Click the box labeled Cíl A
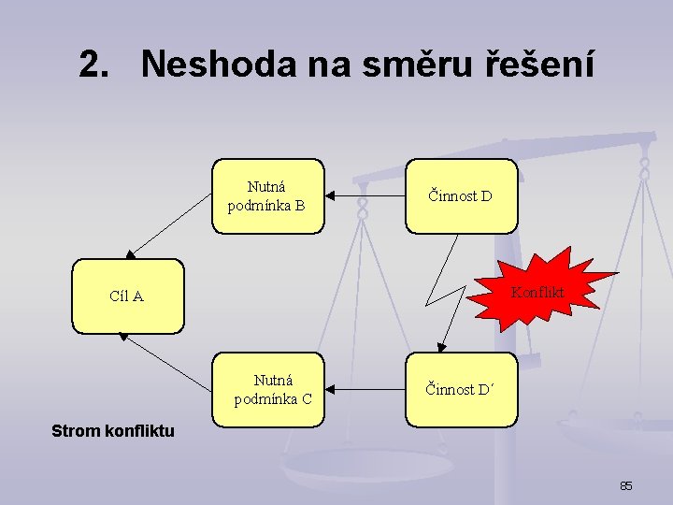[128, 296]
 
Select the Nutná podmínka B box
[267, 195]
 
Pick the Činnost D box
[461, 195]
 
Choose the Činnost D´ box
[461, 390]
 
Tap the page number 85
[626, 486]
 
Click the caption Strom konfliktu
[113, 431]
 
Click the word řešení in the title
[539, 65]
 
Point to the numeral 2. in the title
[98, 65]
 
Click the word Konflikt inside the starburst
[537, 292]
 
